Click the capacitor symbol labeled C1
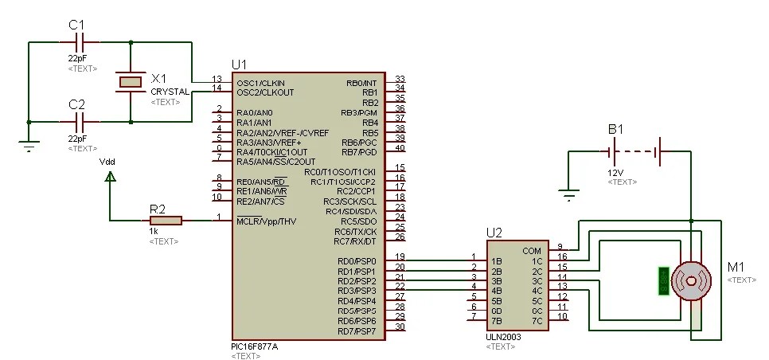tap(79, 41)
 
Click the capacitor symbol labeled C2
tap(79, 122)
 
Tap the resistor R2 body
tap(166, 220)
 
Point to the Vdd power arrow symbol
tap(110, 178)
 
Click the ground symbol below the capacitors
tap(29, 146)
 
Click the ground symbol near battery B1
tap(568, 191)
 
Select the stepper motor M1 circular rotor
tap(689, 280)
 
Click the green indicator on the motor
tap(662, 281)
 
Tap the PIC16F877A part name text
tap(256, 347)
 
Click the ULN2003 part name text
tap(503, 337)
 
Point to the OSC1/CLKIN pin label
tap(260, 83)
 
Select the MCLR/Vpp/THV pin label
tap(266, 221)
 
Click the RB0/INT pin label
tap(361, 83)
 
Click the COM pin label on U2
tap(532, 251)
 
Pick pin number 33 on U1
tap(400, 79)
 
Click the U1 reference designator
tap(239, 64)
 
